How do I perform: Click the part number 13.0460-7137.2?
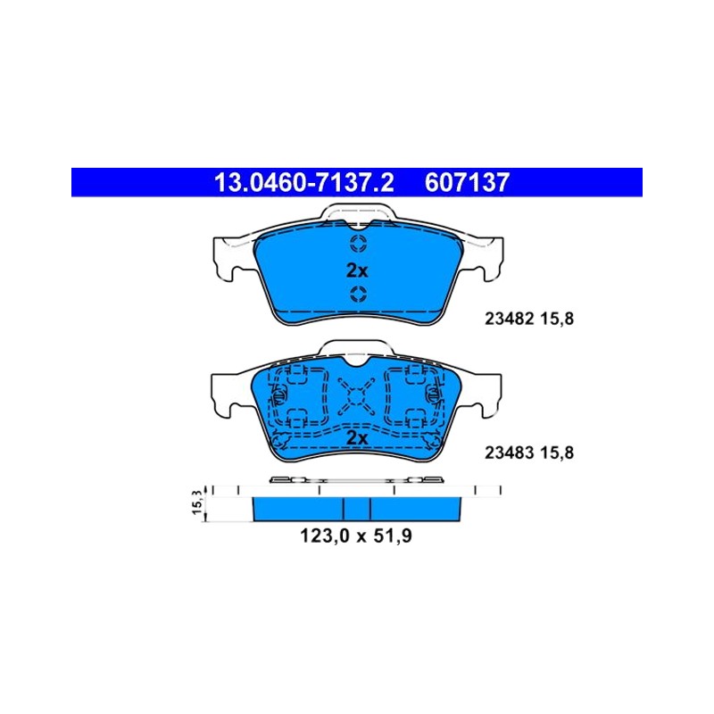[304, 183]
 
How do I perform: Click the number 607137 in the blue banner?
[467, 183]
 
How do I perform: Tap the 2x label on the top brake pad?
[357, 271]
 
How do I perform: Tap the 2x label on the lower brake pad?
[357, 438]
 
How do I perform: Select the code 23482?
[509, 319]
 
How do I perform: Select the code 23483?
[509, 452]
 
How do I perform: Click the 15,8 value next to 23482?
[557, 319]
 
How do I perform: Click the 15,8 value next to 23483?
[557, 452]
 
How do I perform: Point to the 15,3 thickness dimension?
[197, 502]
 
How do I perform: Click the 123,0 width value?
[324, 536]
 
